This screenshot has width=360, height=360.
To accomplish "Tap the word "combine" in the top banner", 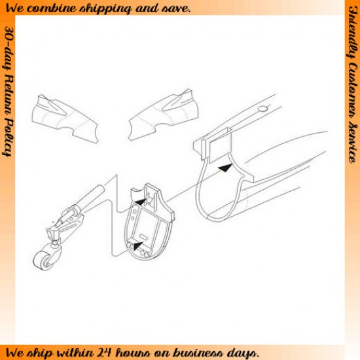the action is click(52, 9).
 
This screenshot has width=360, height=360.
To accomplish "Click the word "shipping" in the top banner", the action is click(105, 9).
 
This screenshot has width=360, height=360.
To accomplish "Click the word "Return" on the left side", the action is click(9, 96).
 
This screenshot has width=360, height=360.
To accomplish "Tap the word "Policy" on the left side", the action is click(8, 138).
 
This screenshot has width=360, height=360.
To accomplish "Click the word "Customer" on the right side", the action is click(353, 92).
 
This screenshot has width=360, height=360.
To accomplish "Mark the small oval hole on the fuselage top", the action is click(262, 109).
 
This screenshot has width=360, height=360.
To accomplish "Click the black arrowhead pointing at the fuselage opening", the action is click(225, 168).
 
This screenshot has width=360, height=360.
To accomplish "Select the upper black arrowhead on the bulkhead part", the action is click(140, 202).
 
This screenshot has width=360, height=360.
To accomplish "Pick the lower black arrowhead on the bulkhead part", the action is click(138, 245).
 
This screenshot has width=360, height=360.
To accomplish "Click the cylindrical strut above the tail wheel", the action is click(90, 197).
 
